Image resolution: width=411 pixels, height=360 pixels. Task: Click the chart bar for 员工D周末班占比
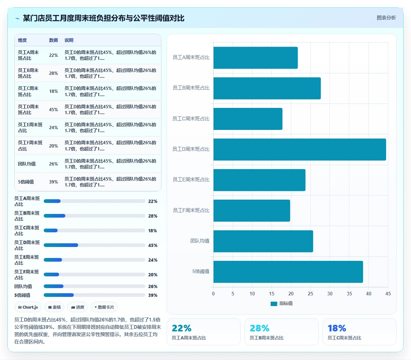(x=299, y=149)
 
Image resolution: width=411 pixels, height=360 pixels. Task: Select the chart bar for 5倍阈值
(x=288, y=272)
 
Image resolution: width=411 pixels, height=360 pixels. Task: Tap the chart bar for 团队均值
(x=263, y=241)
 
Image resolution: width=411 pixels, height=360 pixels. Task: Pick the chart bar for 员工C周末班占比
(x=248, y=119)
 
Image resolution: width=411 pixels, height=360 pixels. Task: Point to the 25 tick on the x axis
(x=310, y=294)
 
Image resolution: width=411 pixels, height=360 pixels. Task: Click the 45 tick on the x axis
(x=388, y=294)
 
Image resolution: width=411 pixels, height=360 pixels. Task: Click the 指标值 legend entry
(x=281, y=303)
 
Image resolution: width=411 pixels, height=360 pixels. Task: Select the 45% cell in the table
(x=54, y=110)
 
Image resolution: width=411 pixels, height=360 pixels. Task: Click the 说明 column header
(x=69, y=40)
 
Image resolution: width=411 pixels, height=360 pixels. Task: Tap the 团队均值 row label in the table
(x=27, y=164)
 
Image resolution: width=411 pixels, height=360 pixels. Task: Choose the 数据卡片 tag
(x=104, y=307)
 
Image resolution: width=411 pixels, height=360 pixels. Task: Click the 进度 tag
(x=77, y=307)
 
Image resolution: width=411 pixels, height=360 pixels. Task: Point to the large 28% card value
(x=259, y=328)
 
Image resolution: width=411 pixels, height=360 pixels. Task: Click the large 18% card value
(x=337, y=328)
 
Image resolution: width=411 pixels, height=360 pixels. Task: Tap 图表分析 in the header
(x=386, y=18)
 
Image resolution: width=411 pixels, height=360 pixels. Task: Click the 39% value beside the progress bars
(x=153, y=295)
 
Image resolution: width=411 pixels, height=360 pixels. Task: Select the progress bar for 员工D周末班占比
(x=94, y=245)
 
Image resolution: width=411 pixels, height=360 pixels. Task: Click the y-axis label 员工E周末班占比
(x=191, y=179)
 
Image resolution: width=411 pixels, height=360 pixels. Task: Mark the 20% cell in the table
(x=54, y=146)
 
